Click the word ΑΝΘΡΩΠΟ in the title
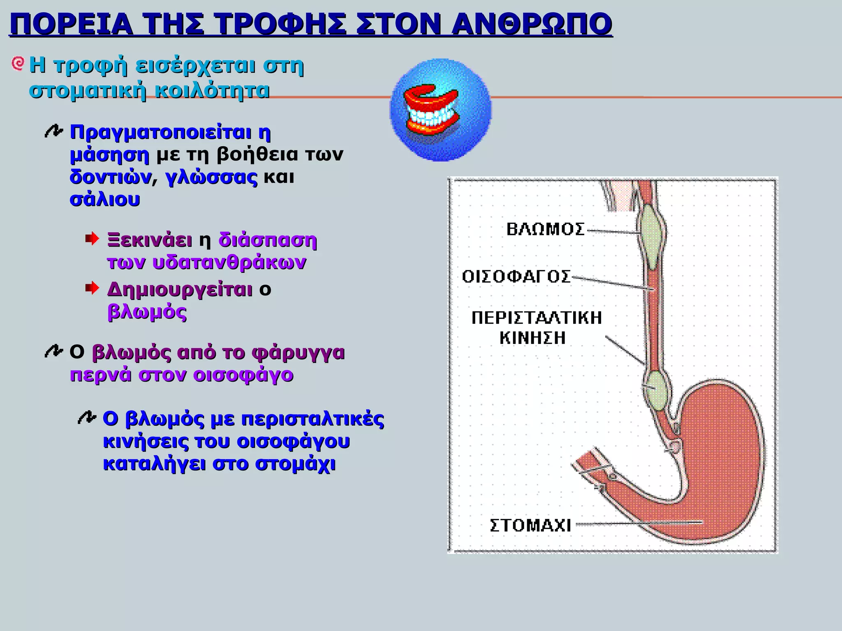point(531,24)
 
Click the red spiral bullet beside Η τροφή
point(18,64)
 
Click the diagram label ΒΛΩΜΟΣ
point(545,229)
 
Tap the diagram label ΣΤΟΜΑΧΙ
point(530,525)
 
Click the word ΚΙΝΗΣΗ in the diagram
point(533,338)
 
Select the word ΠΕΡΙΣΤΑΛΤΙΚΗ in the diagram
point(537,318)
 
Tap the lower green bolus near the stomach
point(656,390)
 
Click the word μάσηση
point(109,155)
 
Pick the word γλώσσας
point(211,177)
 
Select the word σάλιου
point(105,200)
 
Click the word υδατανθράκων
point(229,263)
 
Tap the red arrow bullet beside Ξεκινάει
point(92,238)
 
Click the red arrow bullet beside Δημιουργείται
point(92,288)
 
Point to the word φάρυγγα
point(298,352)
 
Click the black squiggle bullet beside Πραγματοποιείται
point(53,131)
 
